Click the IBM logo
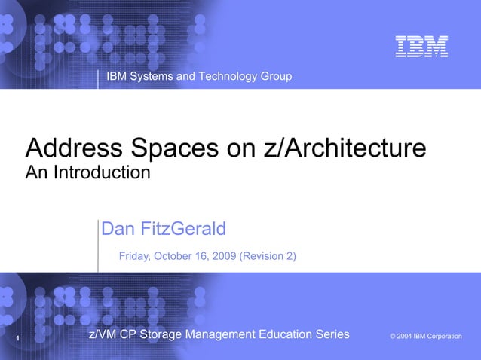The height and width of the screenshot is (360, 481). [x=422, y=47]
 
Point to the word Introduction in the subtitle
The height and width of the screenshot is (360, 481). [x=103, y=173]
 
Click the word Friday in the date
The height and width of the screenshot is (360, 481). [x=135, y=256]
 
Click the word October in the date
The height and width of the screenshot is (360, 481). [x=176, y=256]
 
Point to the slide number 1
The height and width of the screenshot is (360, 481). [x=17, y=339]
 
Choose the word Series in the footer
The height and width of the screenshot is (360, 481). [x=332, y=334]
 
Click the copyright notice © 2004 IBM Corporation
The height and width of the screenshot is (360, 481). [x=426, y=336]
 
